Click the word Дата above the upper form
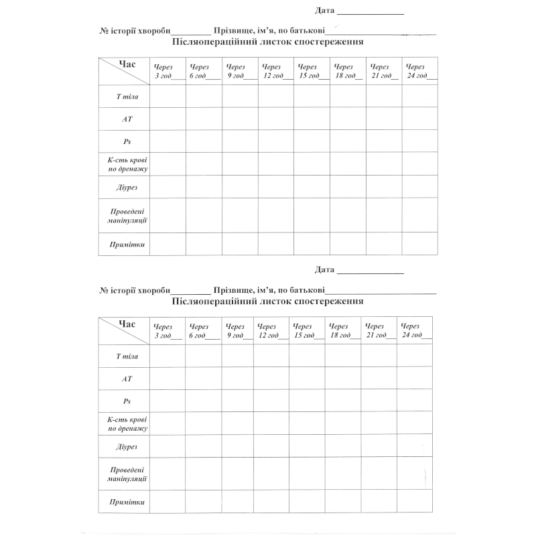pos(324,10)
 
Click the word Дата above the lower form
pos(324,270)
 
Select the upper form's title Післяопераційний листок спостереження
pos(267,42)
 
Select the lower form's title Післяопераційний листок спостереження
pos(267,301)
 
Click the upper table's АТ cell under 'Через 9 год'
pos(240,119)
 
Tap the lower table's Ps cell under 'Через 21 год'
pos(379,401)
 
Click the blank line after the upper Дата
pos(370,11)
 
